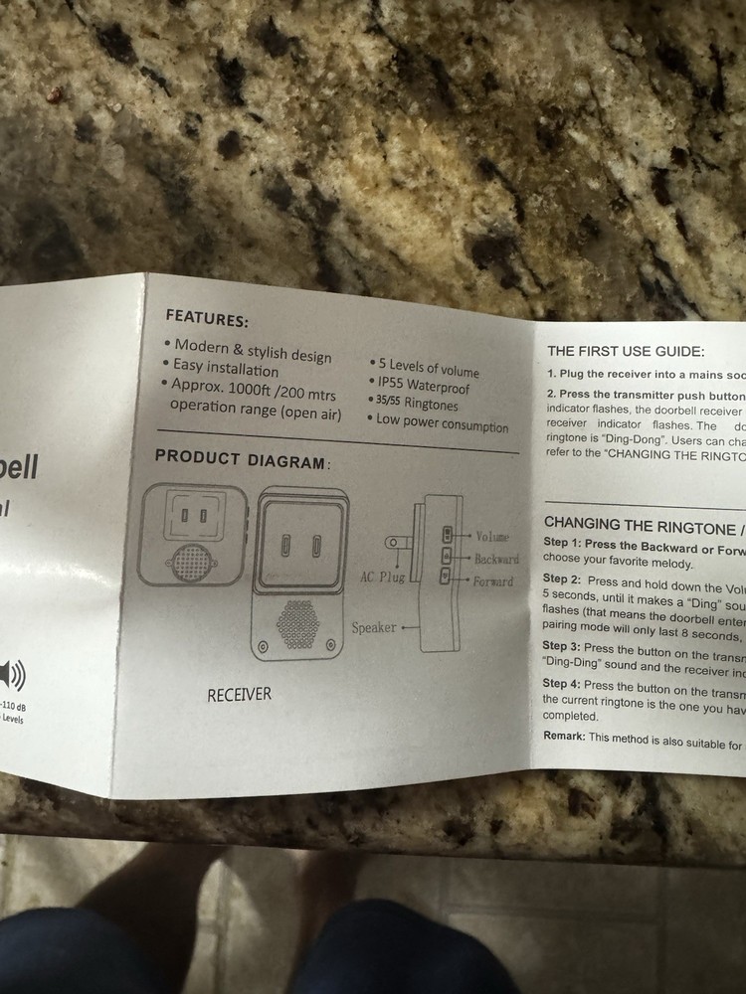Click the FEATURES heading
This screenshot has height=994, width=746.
207,319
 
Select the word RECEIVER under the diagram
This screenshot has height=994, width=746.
239,694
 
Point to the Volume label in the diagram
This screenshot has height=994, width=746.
492,537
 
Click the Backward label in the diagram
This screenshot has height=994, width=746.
496,560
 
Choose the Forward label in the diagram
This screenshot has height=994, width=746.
493,581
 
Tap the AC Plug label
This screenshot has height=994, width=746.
382,577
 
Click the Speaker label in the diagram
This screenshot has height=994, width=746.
374,628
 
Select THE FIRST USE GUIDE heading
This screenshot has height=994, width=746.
626,351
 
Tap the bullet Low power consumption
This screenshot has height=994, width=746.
442,423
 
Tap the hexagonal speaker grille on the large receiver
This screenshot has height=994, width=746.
298,624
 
